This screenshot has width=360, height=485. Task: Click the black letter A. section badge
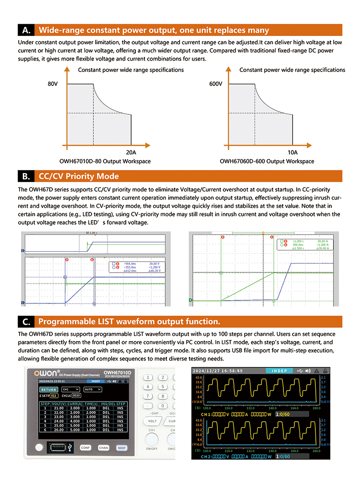pyautogui.click(x=26, y=31)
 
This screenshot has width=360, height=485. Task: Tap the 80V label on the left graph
pyautogui.click(x=53, y=84)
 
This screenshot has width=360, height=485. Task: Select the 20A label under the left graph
pyautogui.click(x=131, y=153)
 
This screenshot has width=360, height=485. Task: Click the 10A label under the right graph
pyautogui.click(x=293, y=153)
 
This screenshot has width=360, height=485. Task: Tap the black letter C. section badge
pyautogui.click(x=26, y=322)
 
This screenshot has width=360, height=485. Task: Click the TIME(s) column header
pyautogui.click(x=91, y=403)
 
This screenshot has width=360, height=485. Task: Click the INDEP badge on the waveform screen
pyautogui.click(x=279, y=371)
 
